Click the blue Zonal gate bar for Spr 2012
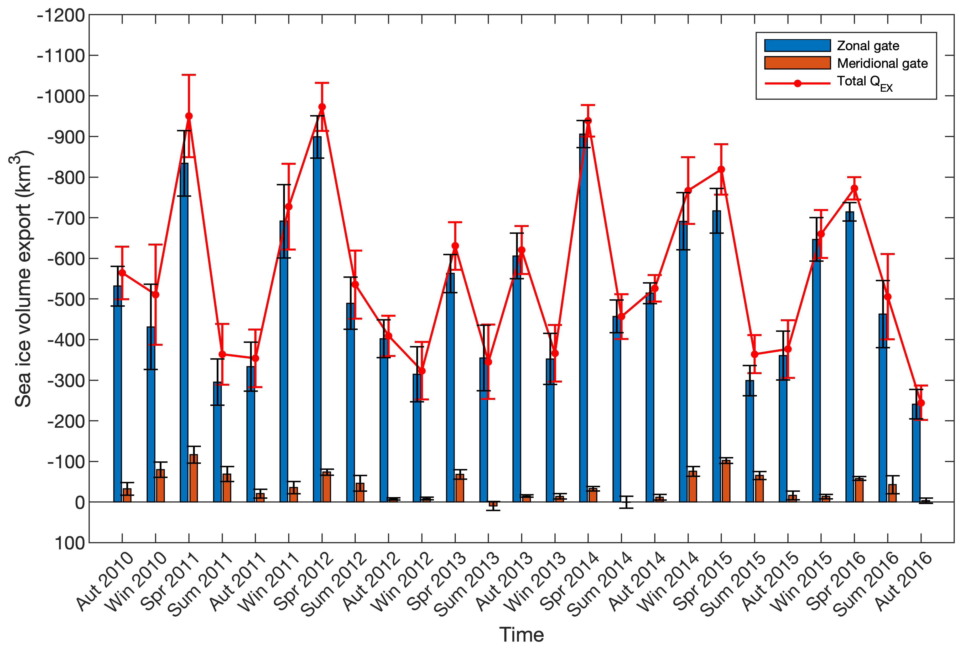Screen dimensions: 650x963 click(x=317, y=319)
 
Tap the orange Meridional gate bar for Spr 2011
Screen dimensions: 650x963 click(x=194, y=478)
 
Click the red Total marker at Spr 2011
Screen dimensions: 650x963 click(x=189, y=116)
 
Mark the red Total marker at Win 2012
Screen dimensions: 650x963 click(x=422, y=371)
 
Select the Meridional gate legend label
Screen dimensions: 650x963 click(x=882, y=63)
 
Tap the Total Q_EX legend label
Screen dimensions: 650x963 click(x=864, y=82)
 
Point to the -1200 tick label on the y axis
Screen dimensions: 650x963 click(x=61, y=16)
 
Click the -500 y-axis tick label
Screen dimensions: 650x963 click(x=66, y=299)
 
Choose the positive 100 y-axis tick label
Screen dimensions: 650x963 click(x=70, y=543)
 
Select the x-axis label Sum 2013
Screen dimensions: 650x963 click(x=467, y=585)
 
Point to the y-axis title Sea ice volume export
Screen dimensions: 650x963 click(x=23, y=278)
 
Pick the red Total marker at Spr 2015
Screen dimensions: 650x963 click(x=721, y=169)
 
